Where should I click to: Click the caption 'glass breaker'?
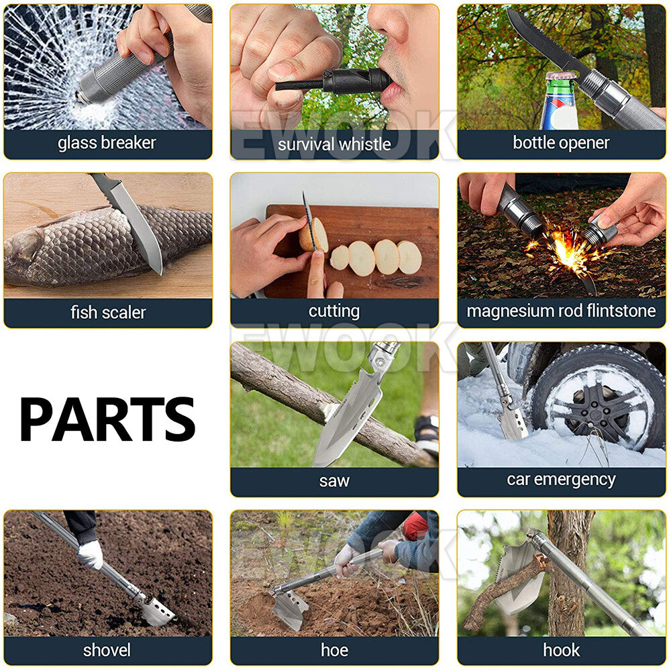click(x=107, y=143)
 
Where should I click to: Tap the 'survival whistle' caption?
click(x=334, y=144)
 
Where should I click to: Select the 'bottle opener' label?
click(x=561, y=142)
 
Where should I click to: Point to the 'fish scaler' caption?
click(x=108, y=312)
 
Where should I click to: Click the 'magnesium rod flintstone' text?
click(x=561, y=311)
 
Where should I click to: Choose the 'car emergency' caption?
click(x=561, y=480)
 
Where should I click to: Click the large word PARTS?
click(x=107, y=419)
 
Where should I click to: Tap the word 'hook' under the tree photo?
click(x=561, y=650)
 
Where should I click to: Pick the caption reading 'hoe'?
click(x=334, y=650)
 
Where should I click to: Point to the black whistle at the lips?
click(x=351, y=80)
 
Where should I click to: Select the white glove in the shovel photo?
click(x=91, y=555)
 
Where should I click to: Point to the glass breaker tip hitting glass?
click(x=81, y=97)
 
